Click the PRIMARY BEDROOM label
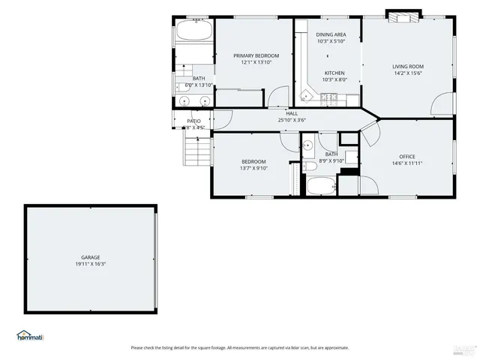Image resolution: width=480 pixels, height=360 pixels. [x=256, y=55]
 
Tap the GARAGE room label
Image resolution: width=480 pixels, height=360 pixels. [x=91, y=257]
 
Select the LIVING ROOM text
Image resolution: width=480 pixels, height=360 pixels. [x=408, y=67]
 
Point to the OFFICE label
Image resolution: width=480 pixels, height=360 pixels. [x=407, y=156]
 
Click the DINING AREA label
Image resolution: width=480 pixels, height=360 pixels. [x=331, y=34]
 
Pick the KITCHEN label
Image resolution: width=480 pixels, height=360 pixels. [x=334, y=73]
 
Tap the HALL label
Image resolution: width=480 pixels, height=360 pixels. [x=292, y=113]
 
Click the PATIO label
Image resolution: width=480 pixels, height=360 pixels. [x=193, y=121]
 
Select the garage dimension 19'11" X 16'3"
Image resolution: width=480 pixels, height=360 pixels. [x=91, y=264]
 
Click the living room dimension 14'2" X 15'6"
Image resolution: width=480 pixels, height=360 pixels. [x=408, y=73]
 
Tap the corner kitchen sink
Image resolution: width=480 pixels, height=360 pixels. [x=304, y=94]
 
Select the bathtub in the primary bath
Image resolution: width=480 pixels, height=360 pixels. [x=193, y=33]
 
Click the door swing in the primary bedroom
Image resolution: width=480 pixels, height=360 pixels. [x=277, y=97]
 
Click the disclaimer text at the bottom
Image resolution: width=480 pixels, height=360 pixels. [x=240, y=347]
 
